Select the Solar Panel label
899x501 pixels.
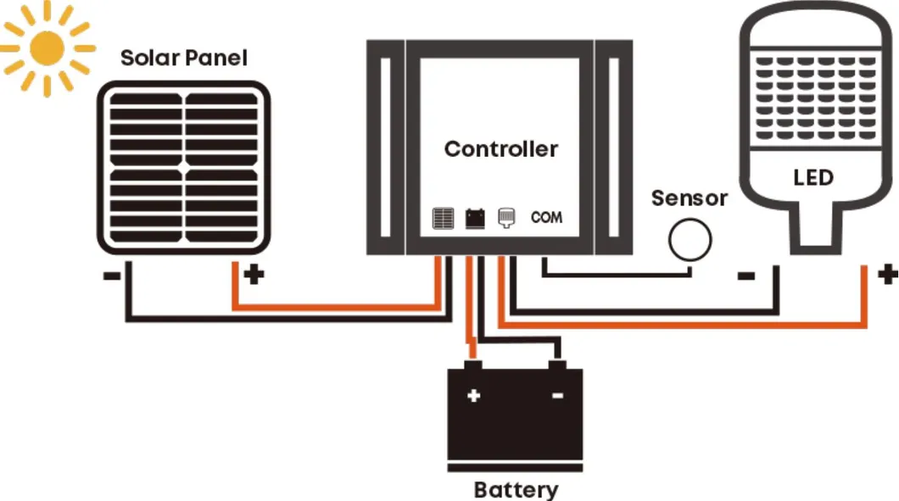pyautogui.click(x=184, y=58)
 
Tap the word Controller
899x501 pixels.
pyautogui.click(x=501, y=149)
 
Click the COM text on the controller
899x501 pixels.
pyautogui.click(x=546, y=218)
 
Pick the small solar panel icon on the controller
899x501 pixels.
pyautogui.click(x=443, y=219)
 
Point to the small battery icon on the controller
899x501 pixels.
pyautogui.click(x=475, y=219)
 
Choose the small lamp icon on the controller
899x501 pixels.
pyautogui.click(x=506, y=218)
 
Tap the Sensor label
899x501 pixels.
pyautogui.click(x=689, y=198)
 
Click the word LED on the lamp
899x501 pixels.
pyautogui.click(x=812, y=178)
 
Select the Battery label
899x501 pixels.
pyautogui.click(x=516, y=489)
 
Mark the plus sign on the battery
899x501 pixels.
pyautogui.click(x=473, y=395)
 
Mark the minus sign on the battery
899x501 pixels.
pyautogui.click(x=557, y=396)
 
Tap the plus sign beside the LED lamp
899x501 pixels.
pyautogui.click(x=887, y=274)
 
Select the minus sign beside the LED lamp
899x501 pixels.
pyautogui.click(x=747, y=276)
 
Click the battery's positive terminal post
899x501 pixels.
pyautogui.click(x=473, y=365)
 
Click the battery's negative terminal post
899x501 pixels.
pyautogui.click(x=557, y=365)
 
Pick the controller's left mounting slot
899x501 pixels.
pyautogui.click(x=386, y=148)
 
